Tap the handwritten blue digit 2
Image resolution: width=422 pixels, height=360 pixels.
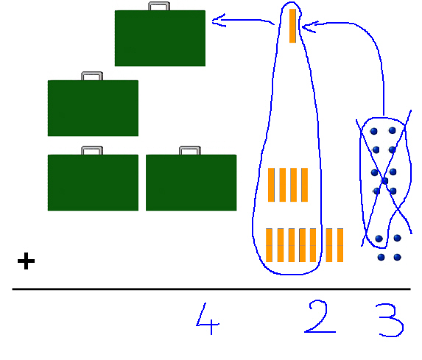click(x=319, y=317)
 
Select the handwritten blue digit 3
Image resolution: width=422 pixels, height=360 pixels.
click(x=392, y=320)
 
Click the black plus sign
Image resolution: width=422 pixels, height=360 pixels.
click(x=26, y=261)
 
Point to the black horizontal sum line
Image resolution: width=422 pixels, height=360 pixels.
click(x=211, y=289)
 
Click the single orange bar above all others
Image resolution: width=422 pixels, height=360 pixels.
click(x=292, y=26)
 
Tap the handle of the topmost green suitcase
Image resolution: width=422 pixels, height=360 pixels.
click(x=159, y=6)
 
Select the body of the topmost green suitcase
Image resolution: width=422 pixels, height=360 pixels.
click(x=160, y=38)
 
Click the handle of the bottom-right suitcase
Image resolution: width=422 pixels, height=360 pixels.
click(x=190, y=150)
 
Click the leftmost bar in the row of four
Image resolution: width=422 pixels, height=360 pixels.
click(x=271, y=185)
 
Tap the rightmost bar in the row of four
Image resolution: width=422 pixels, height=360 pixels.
click(x=304, y=185)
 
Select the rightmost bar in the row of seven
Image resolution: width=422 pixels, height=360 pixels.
click(x=340, y=245)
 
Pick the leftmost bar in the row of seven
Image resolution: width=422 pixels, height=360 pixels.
click(x=269, y=245)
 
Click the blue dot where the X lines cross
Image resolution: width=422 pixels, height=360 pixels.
click(x=385, y=181)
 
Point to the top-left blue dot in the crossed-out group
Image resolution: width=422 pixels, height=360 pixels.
click(x=374, y=131)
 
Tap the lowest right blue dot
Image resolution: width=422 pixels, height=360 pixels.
click(x=397, y=257)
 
